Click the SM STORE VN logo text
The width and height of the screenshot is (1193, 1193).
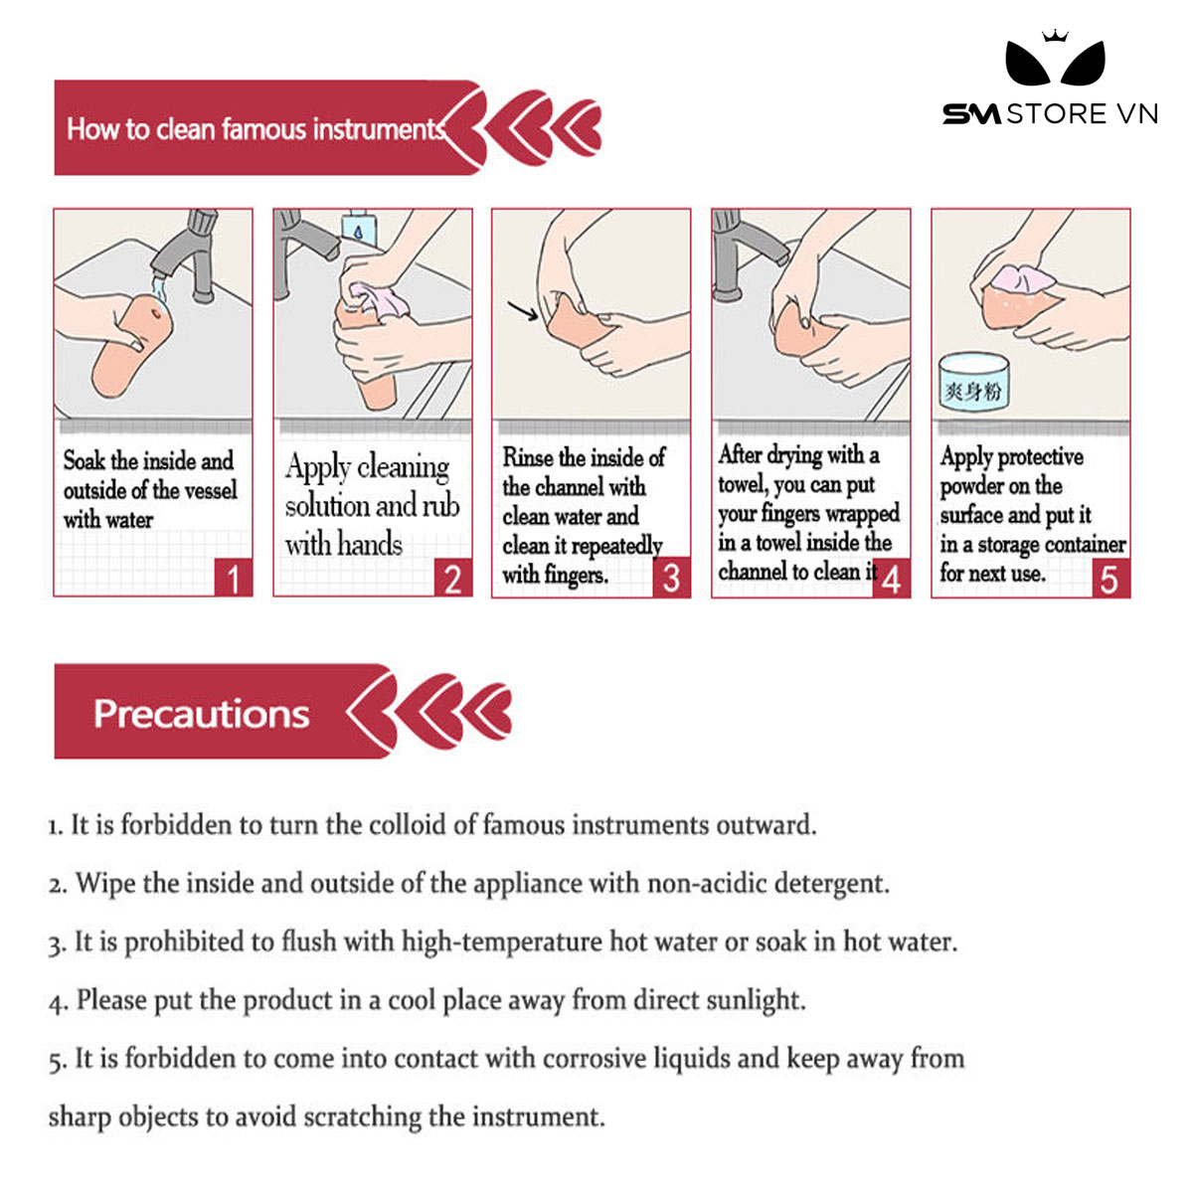point(1050,114)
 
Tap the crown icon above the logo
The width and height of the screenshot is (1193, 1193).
point(1055,35)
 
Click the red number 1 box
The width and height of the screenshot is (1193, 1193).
point(234,578)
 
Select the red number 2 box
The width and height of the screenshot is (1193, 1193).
point(453,578)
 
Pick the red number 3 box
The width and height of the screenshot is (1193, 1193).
point(672,578)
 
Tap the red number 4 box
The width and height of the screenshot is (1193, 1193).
point(892,578)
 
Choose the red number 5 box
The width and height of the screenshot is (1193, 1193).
point(1111,578)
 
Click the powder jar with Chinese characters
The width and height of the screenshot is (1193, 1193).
point(974,383)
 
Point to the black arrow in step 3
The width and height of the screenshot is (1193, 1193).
point(523,311)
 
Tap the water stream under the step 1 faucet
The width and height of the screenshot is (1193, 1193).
point(160,289)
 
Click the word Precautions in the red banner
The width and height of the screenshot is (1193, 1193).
point(201,714)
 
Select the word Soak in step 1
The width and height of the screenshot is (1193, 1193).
point(84,460)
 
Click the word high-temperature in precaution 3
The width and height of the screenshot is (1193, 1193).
point(501,942)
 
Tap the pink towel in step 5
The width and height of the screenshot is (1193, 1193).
point(1023,278)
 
